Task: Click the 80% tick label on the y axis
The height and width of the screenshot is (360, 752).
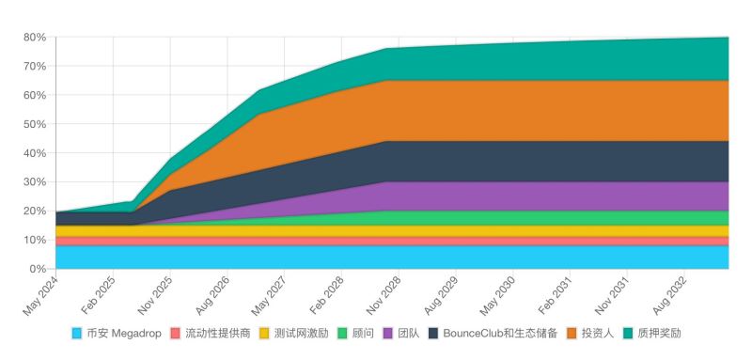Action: point(34,38)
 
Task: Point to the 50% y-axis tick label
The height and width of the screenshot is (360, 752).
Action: point(34,124)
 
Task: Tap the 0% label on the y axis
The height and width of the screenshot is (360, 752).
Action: point(38,269)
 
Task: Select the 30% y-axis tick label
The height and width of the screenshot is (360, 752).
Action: point(34,182)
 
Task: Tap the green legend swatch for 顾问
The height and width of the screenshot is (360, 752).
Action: point(343,334)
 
